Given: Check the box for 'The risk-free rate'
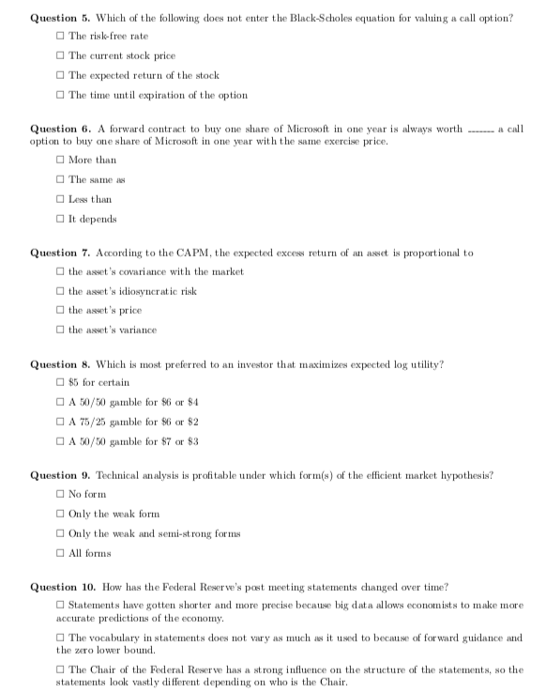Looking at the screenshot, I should tap(61, 36).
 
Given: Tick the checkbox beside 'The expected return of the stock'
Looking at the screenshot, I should tap(61, 75).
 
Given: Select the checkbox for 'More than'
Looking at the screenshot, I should tap(61, 160).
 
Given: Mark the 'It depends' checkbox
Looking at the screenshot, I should tap(61, 219).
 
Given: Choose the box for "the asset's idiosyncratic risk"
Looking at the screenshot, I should tap(61, 290).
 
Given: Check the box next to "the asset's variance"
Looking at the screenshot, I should tap(61, 330).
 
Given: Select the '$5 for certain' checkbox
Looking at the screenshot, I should tap(61, 383).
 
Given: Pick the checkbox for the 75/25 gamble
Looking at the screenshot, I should tap(61, 423).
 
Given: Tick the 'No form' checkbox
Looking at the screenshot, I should tap(61, 494).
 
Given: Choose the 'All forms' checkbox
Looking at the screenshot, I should tap(61, 553).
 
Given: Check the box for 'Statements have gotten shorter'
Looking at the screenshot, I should tap(61, 607).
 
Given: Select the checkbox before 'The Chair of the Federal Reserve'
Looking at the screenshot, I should tap(61, 670).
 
